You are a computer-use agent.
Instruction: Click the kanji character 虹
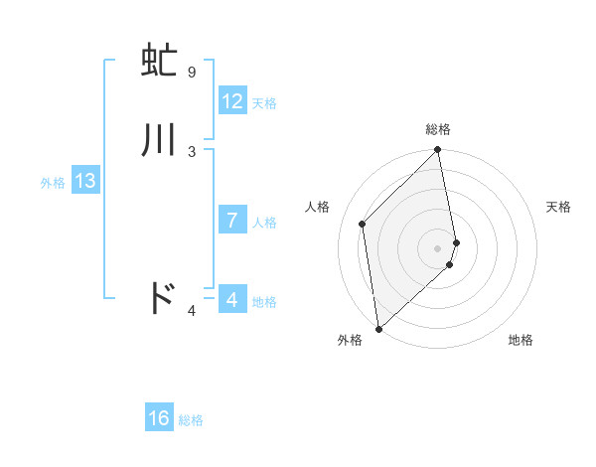point(159,63)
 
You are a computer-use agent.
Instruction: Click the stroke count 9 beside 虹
point(191,73)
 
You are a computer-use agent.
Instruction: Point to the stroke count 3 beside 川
point(192,151)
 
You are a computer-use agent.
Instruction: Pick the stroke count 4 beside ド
point(192,312)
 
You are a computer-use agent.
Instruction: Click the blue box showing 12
point(232,101)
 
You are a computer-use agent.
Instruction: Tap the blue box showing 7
point(232,221)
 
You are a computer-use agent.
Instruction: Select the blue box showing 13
point(84,182)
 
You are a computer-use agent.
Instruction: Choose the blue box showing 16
point(159,418)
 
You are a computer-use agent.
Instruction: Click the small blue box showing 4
point(231,299)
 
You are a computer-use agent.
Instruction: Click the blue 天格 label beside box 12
point(264,103)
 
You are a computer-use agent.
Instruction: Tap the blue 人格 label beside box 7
point(265,223)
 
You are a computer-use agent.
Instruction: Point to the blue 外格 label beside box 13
point(53,183)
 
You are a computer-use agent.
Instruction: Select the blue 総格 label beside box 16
point(191,420)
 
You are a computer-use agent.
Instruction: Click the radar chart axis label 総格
point(438,129)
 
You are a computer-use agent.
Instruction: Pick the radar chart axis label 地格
point(521,340)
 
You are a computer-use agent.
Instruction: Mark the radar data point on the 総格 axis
point(438,151)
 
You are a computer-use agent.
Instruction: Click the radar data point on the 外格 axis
point(378,328)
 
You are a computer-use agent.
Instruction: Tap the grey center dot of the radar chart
point(438,246)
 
